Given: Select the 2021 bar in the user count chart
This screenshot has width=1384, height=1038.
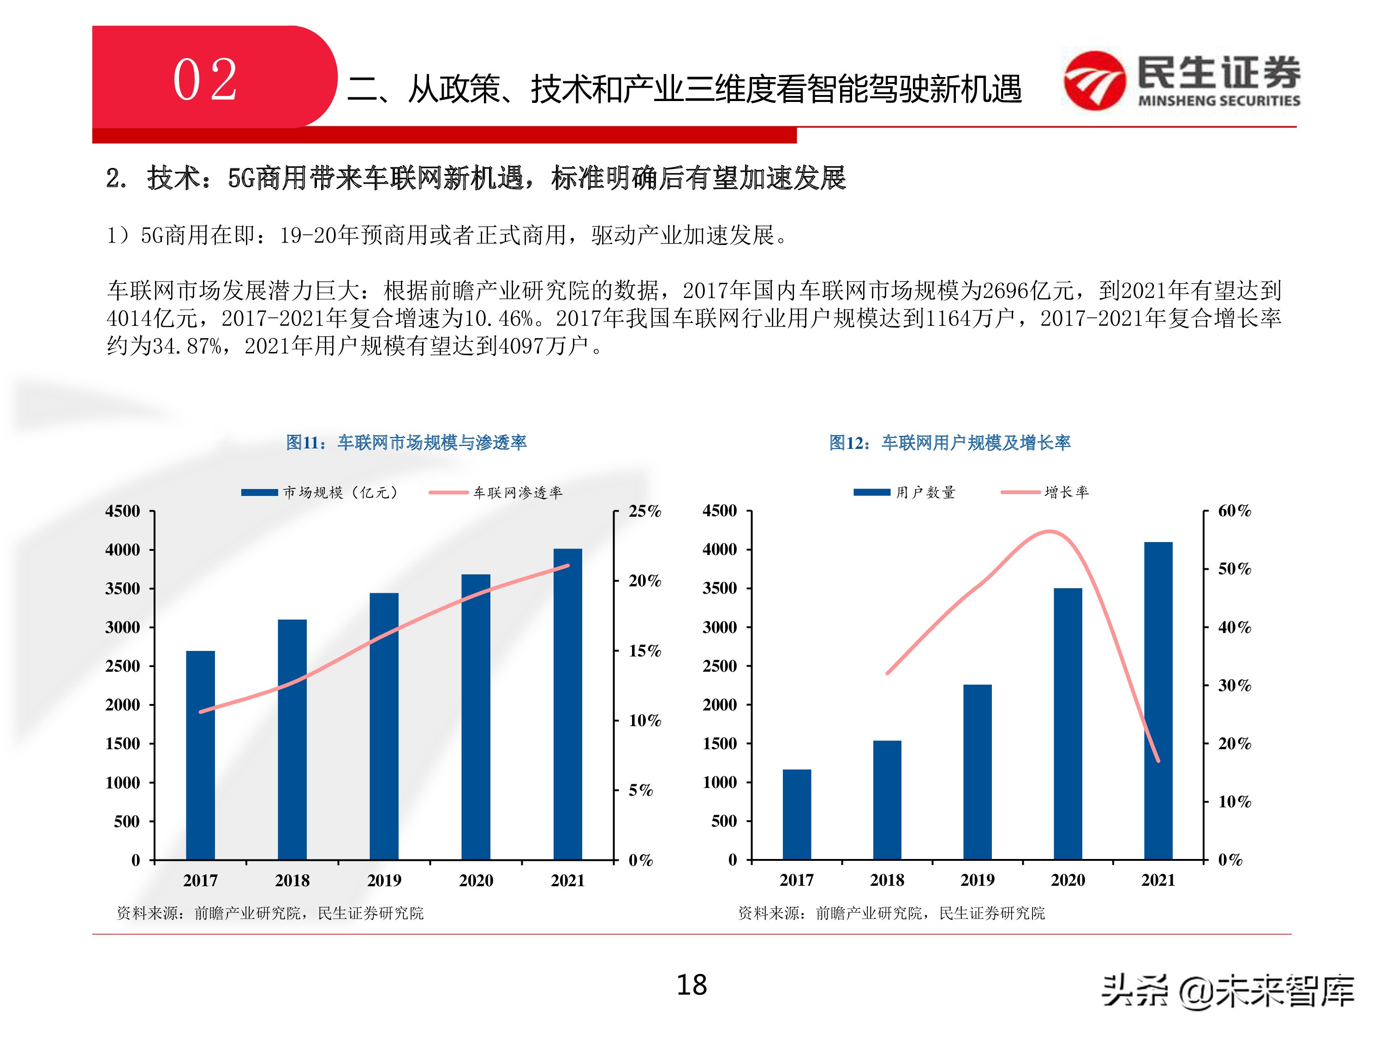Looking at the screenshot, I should point(1157,701).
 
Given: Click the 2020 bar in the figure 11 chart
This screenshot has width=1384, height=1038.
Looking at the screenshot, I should point(476,716).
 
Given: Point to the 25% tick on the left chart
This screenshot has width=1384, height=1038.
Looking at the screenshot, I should point(644,511).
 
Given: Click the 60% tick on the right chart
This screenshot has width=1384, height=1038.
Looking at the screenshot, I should point(1234,511).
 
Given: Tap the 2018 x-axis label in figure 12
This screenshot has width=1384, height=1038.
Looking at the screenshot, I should point(887,880).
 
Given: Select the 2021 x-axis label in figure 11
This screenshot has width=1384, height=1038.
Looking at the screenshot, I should point(567,880).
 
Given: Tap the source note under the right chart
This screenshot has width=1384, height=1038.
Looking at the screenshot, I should point(891,913).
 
